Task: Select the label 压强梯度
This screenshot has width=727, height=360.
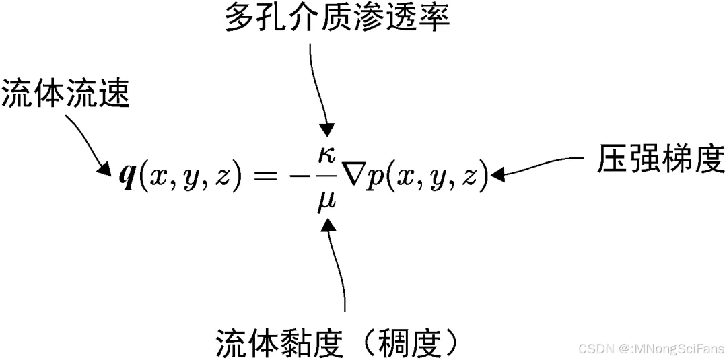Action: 660,161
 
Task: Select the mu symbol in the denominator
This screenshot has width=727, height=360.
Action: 328,199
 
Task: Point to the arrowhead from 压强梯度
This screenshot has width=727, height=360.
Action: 499,175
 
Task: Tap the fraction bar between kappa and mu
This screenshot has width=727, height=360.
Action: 328,176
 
